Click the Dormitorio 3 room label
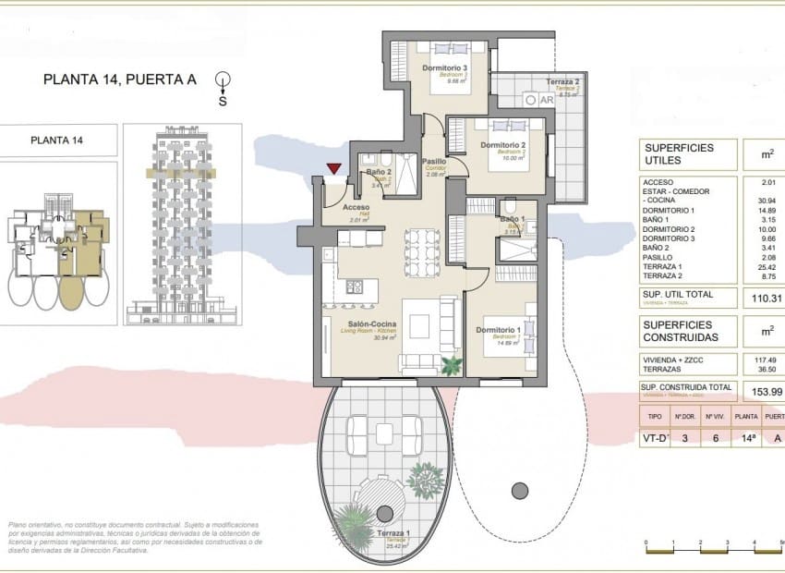tap(445, 68)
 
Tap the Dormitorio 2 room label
tap(503, 145)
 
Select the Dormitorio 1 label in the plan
tap(500, 330)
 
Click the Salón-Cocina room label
tap(372, 324)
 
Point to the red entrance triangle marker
tap(333, 169)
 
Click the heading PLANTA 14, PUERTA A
tap(120, 79)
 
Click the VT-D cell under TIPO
tap(655, 439)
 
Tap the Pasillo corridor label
tap(434, 162)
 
